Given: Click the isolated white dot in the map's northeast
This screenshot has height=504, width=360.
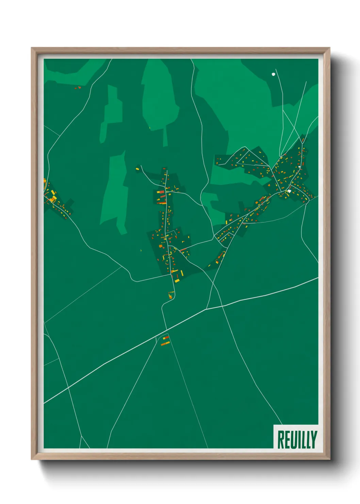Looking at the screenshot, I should click(273, 74).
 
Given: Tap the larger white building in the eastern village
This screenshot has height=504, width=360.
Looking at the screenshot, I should click(289, 191).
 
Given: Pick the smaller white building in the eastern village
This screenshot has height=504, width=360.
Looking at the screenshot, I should click(299, 167).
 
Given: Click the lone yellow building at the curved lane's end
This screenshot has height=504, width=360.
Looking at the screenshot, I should click(137, 169).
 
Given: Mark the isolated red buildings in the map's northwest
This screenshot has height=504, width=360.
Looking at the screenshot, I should click(78, 88).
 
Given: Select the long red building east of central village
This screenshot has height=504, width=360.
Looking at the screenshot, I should click(183, 250).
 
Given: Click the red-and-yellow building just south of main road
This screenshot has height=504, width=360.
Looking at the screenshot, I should click(166, 338).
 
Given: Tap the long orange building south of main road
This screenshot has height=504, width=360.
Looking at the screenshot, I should click(165, 344).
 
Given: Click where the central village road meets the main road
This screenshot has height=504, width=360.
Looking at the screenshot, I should click(166, 330).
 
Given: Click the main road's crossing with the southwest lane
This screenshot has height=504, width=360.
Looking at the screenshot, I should click(69, 387).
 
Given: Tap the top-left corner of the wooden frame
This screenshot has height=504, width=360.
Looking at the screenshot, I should click(32, 48).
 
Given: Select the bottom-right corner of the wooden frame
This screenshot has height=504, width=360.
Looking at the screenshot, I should click(329, 459).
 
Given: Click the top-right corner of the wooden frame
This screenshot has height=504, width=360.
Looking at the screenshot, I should click(329, 48).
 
